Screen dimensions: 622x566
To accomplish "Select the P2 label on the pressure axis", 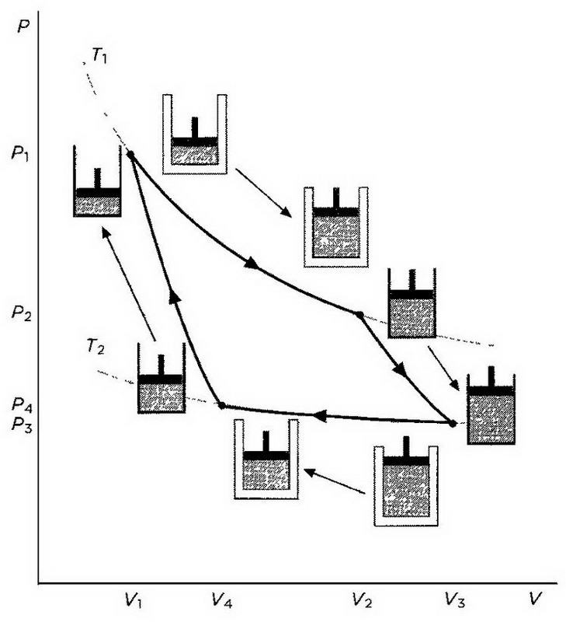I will click(x=21, y=315).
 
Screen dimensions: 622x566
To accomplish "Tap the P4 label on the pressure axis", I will click(x=21, y=406).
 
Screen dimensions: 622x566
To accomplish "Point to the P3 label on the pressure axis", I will click(x=21, y=424).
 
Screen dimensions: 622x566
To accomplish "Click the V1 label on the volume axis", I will click(x=134, y=599).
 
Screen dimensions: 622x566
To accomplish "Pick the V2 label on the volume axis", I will click(x=361, y=599).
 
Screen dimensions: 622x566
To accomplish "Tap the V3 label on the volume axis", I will click(x=455, y=599).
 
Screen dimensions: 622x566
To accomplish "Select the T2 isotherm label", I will click(x=95, y=346).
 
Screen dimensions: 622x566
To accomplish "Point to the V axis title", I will click(x=534, y=599).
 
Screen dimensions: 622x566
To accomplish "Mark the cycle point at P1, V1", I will click(x=130, y=155).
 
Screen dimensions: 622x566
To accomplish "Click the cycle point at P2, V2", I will click(x=359, y=314).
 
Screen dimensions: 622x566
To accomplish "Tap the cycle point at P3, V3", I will click(x=453, y=423).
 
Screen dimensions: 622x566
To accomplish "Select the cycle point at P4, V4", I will click(x=222, y=405).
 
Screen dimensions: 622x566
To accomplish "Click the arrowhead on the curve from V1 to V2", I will click(x=252, y=264).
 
